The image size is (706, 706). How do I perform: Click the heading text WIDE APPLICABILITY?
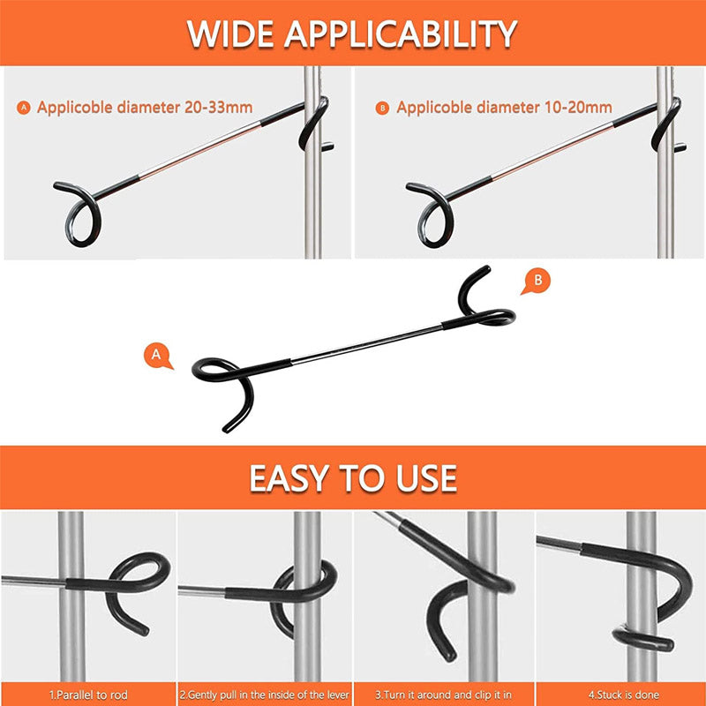[352, 34]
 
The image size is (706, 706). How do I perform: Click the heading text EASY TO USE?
[353, 478]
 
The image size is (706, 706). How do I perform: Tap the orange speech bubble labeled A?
[157, 357]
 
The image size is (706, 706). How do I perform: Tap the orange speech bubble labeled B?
[537, 282]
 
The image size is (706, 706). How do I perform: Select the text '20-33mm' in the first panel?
[218, 107]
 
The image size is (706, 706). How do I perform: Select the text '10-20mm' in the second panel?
[578, 107]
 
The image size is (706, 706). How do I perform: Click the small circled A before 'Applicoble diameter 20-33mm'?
[24, 108]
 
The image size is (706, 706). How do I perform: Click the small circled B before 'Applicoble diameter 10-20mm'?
[382, 108]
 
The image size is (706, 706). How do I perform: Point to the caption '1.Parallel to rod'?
[88, 695]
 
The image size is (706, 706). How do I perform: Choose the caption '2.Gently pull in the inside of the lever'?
[264, 695]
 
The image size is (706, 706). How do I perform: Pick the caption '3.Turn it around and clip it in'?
[444, 695]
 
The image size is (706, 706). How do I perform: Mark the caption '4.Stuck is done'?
[624, 695]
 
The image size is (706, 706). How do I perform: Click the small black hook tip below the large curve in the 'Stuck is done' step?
[644, 641]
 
